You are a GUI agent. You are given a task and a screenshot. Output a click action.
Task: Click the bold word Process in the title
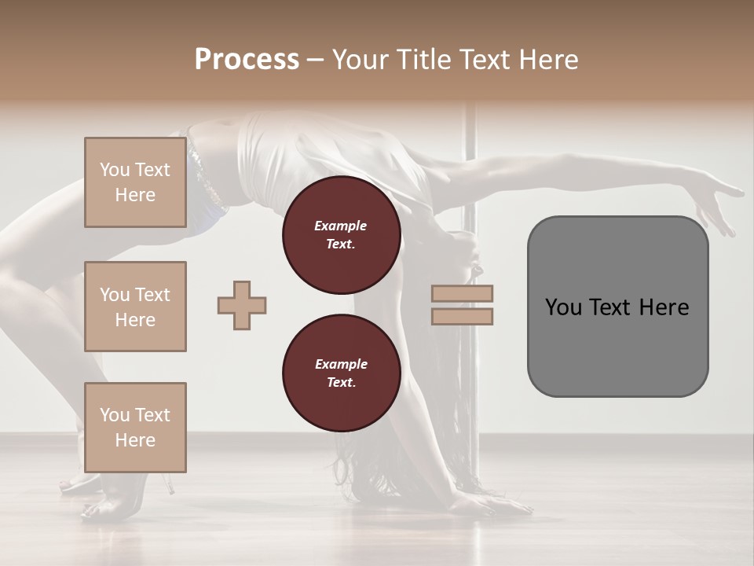(x=247, y=60)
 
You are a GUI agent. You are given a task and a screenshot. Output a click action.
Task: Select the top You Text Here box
(x=135, y=182)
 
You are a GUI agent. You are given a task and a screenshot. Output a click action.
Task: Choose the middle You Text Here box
(x=135, y=307)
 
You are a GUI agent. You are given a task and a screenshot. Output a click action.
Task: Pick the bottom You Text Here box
(x=135, y=427)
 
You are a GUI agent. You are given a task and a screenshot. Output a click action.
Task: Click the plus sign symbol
(x=242, y=305)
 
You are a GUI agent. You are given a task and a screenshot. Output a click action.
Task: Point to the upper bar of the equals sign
(x=462, y=293)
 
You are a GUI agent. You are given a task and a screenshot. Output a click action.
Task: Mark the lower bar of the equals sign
(x=462, y=317)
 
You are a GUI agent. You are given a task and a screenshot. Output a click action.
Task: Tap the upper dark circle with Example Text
(x=341, y=234)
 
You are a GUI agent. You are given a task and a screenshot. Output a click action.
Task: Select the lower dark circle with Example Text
(x=341, y=373)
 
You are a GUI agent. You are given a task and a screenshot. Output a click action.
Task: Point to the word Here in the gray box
(x=664, y=307)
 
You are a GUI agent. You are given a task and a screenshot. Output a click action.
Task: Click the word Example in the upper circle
(x=341, y=226)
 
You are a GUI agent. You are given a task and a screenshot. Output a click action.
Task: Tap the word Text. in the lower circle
(x=341, y=383)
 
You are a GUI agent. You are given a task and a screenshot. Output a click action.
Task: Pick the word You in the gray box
(x=564, y=307)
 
